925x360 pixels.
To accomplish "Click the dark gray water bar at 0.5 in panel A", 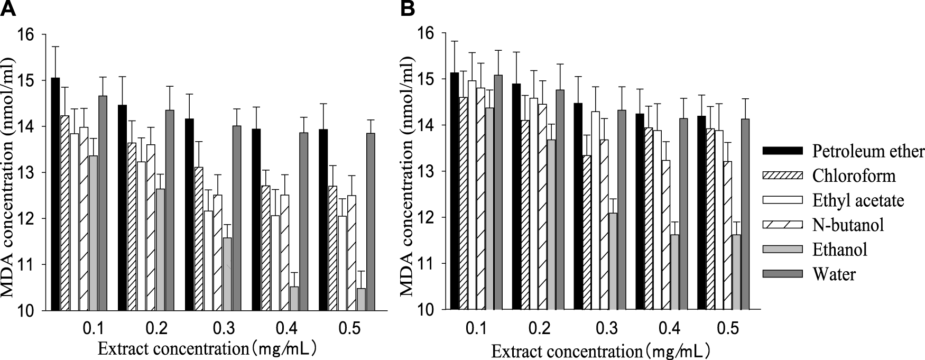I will [x=370, y=222].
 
